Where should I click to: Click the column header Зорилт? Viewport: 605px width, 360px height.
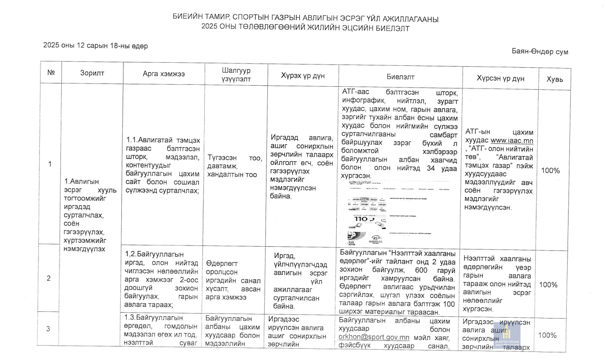(x=92, y=73)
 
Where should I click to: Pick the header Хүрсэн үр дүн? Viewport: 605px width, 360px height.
(x=500, y=78)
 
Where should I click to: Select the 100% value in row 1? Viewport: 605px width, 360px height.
(x=550, y=171)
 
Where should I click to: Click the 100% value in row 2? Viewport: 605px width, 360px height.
(x=549, y=285)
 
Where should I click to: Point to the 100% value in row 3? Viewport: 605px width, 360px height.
(x=548, y=335)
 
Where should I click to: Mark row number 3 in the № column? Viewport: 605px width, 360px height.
(x=49, y=328)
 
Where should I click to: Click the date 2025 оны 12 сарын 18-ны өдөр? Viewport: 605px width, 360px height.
(x=96, y=46)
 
